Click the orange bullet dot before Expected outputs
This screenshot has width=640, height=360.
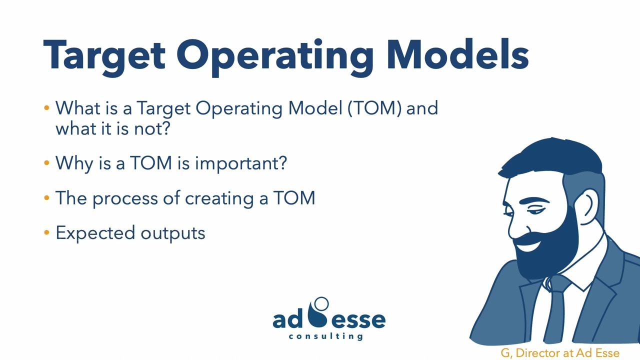tap(46, 232)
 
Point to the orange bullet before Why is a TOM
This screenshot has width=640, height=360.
tap(46, 163)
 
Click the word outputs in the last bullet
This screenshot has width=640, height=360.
tap(173, 233)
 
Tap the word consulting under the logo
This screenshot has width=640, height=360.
tap(325, 336)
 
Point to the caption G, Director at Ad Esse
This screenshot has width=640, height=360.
tap(559, 353)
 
